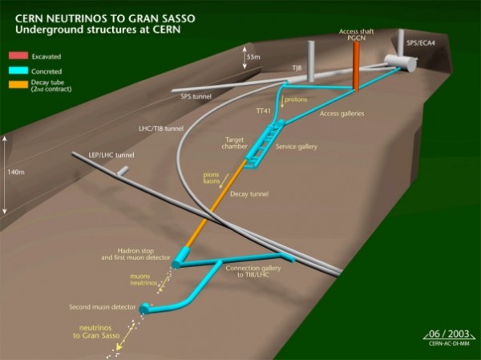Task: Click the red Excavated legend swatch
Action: click(18, 55)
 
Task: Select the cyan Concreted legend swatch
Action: click(18, 71)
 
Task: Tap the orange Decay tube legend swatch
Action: click(18, 84)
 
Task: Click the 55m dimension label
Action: click(253, 57)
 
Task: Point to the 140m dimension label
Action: click(16, 172)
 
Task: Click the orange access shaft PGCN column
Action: click(356, 67)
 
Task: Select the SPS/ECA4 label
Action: click(421, 43)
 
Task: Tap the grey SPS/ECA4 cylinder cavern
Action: click(400, 63)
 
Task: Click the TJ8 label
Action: click(297, 68)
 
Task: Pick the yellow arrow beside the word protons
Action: click(282, 101)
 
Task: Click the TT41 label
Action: click(264, 111)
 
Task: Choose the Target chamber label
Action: click(234, 143)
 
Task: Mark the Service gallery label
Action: click(297, 147)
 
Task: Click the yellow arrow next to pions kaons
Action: click(224, 180)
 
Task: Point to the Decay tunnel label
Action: click(249, 194)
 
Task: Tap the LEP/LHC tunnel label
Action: click(111, 155)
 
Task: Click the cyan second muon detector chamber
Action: click(144, 309)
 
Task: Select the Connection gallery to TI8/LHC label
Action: click(253, 271)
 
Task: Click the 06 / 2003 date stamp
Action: click(449, 334)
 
